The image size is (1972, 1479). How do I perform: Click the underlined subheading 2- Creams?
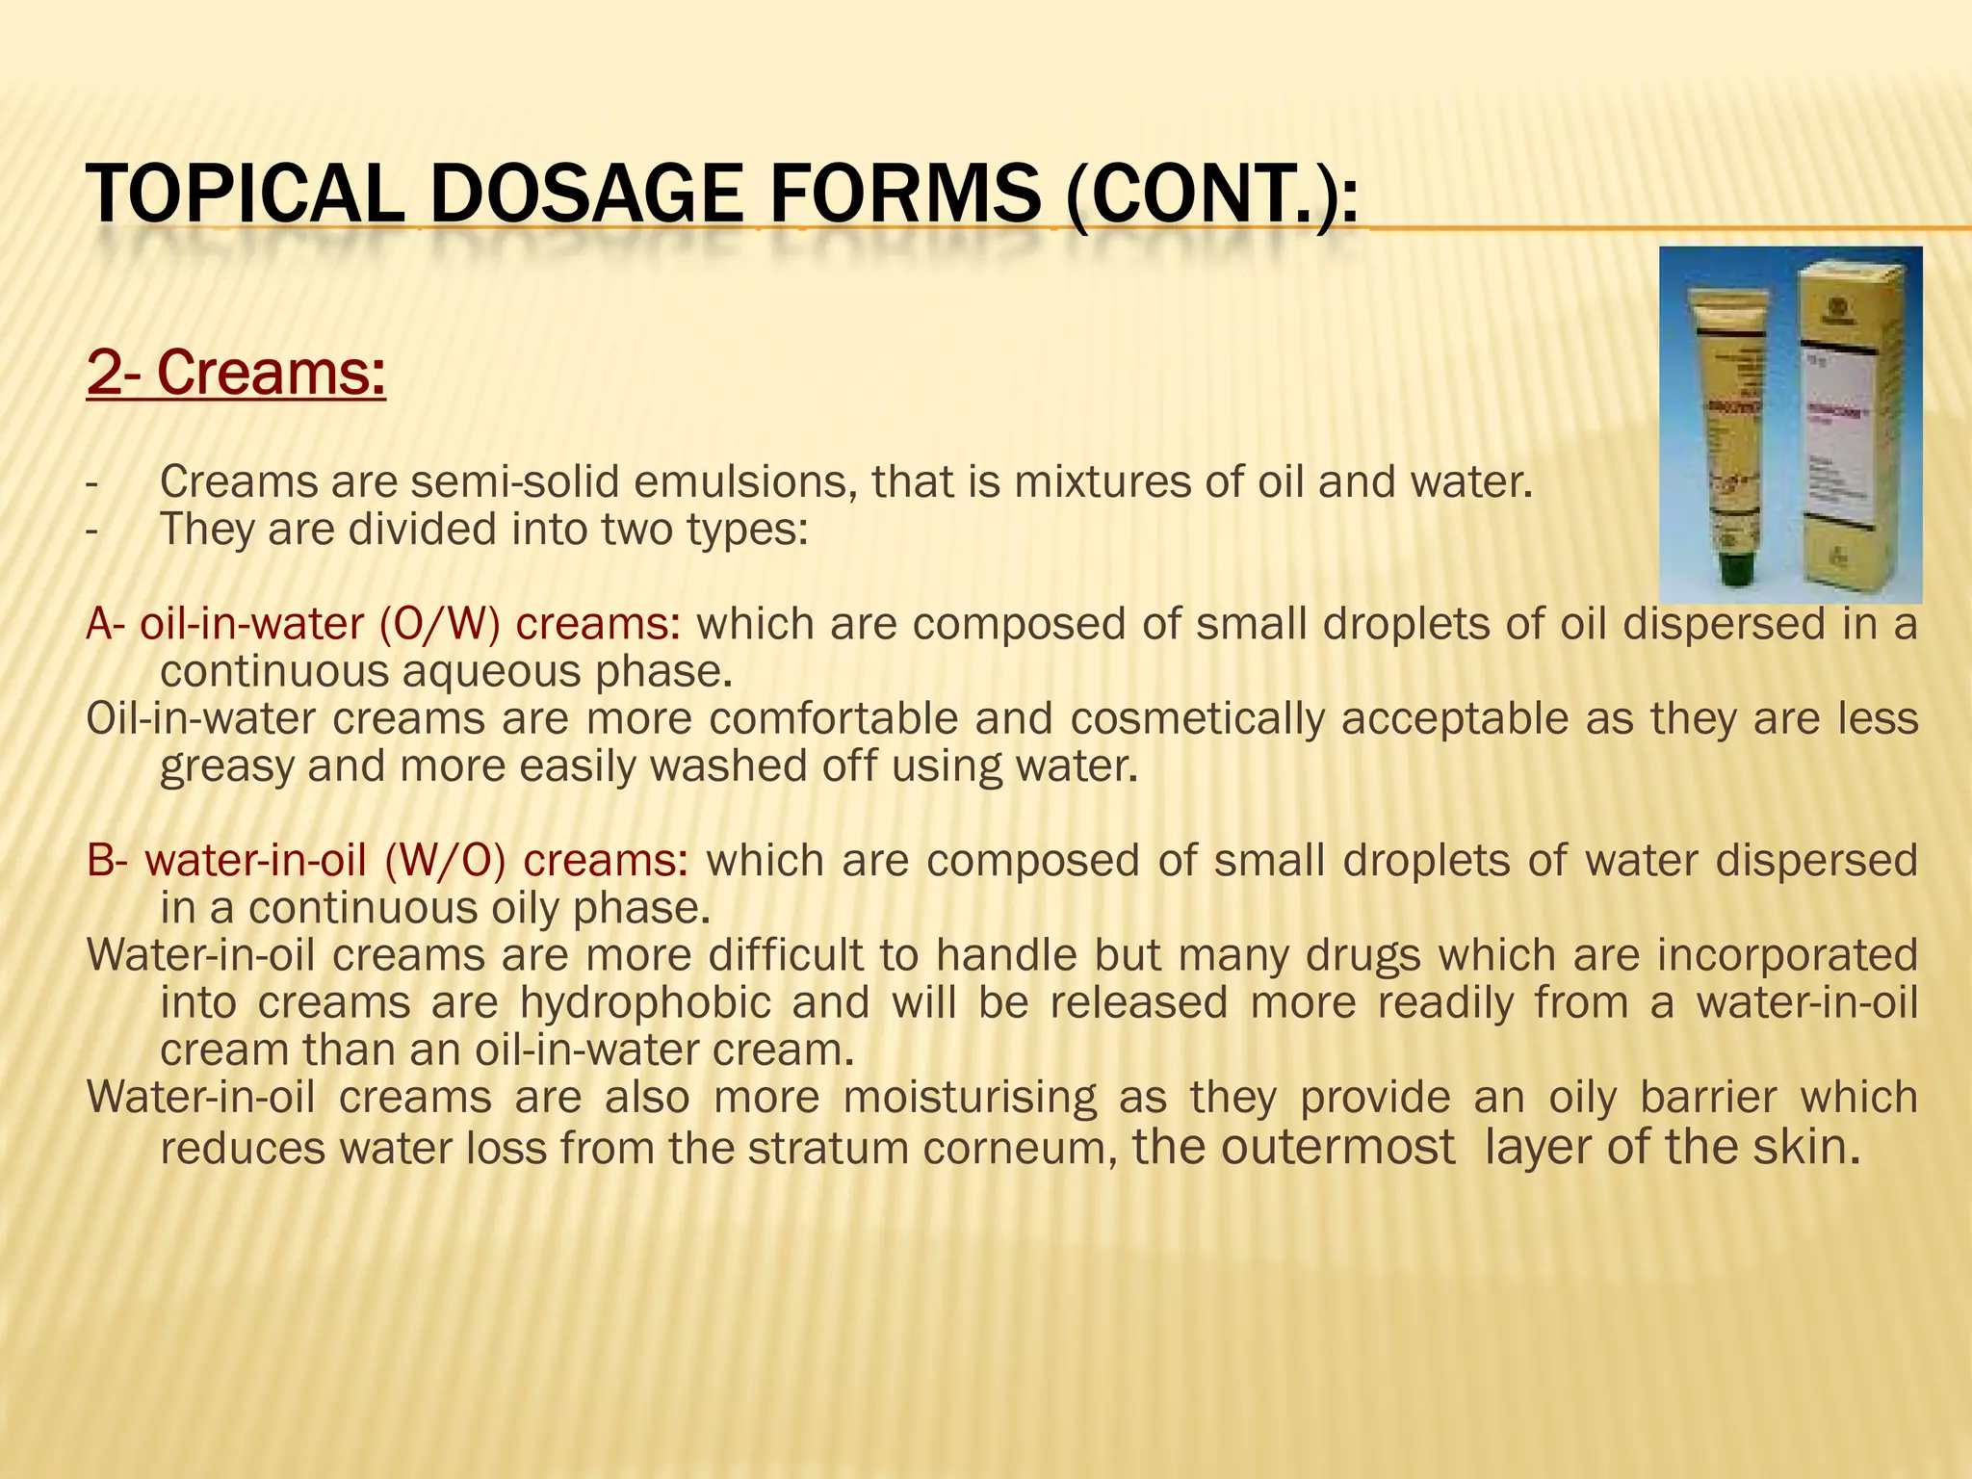click(236, 374)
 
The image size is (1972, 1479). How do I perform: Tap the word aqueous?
click(491, 671)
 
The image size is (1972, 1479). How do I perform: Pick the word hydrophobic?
click(645, 1002)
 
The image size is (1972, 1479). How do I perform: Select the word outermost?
click(1293, 1148)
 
